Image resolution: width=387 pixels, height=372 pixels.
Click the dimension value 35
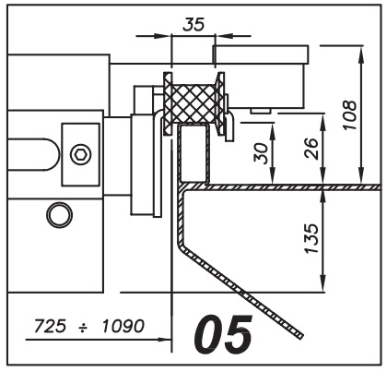point(193,24)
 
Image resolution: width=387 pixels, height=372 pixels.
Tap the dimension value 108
point(349,114)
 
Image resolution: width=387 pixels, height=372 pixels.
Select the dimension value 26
point(311,149)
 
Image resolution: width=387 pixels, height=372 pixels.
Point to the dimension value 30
point(261,153)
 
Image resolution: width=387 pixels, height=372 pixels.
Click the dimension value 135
point(311,238)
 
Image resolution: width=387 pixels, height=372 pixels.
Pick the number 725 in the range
point(50,326)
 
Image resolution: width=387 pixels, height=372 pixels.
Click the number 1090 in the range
point(123,326)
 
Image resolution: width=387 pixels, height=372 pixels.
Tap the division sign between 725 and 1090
point(84,328)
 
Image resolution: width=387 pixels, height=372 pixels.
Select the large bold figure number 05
point(223,334)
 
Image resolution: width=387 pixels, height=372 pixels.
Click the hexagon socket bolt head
point(81,154)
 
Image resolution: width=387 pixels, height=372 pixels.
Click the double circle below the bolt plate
point(59,214)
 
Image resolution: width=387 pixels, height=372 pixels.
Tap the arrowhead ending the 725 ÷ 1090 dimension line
point(165,340)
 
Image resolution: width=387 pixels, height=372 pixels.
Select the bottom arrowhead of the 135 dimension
point(322,283)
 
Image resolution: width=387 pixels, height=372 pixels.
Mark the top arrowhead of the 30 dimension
point(273,128)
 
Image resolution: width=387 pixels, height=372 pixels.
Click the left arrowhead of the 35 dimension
point(163,36)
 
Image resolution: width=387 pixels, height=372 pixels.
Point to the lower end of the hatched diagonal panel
point(301,336)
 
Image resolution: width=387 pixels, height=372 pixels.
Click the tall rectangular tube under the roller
point(193,152)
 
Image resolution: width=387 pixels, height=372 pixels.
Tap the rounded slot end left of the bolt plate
point(53,154)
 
